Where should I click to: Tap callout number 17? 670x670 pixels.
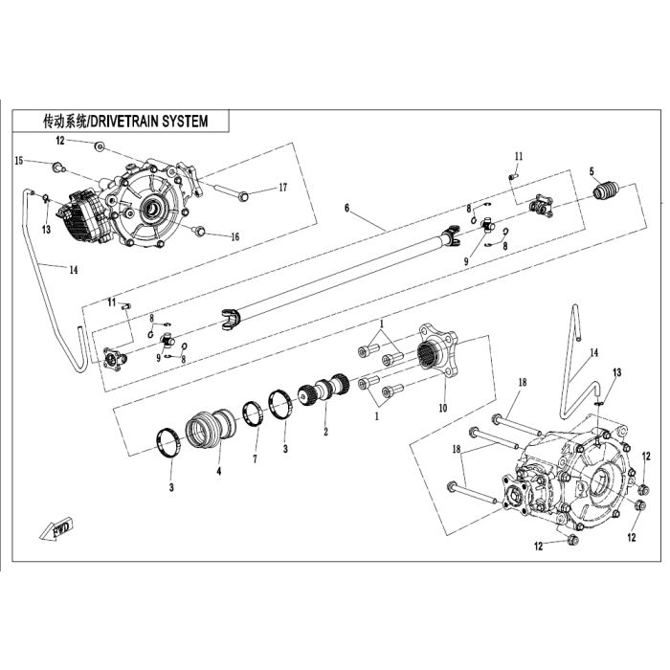(x=283, y=188)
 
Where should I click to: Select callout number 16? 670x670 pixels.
(x=235, y=236)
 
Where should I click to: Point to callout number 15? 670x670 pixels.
(x=19, y=161)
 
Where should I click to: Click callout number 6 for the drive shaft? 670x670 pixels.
(x=346, y=208)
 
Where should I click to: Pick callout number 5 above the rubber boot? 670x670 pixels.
(x=592, y=171)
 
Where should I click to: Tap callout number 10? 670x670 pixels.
(x=443, y=408)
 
